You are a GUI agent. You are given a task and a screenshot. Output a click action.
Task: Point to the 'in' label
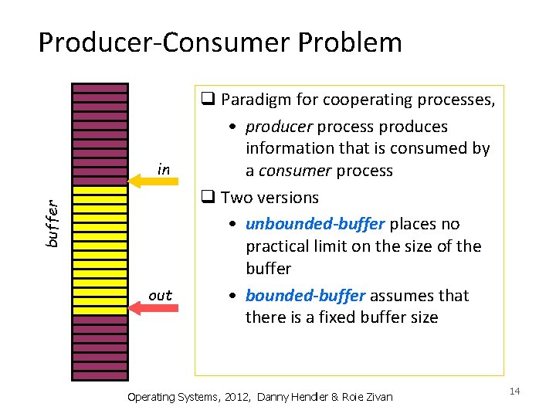(x=163, y=168)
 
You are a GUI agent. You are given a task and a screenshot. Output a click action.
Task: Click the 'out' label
(x=160, y=295)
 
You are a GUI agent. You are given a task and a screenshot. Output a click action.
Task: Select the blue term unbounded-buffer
(x=315, y=224)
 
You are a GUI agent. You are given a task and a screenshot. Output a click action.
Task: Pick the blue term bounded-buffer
(x=304, y=296)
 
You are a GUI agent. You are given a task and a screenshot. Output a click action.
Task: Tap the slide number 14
(x=515, y=392)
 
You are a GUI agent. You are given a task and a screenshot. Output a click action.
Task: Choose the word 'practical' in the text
(x=280, y=246)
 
